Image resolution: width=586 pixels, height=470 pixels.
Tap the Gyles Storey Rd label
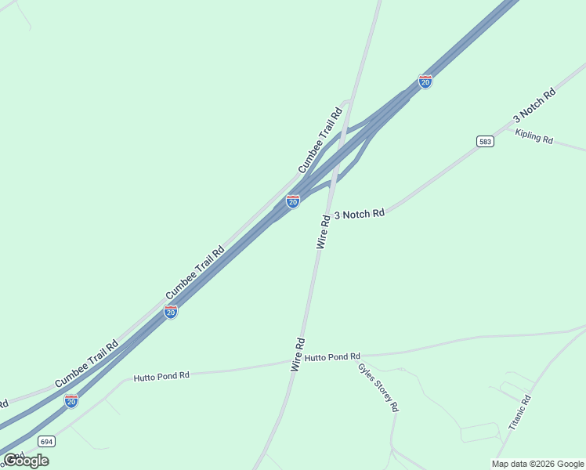tap(378, 387)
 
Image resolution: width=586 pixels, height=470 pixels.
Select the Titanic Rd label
tap(520, 412)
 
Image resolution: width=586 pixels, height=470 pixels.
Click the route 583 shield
tap(485, 141)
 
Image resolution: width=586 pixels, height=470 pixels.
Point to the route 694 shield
tap(45, 441)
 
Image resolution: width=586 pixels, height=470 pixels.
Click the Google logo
tap(26, 461)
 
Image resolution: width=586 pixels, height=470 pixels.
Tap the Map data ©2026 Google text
tap(537, 464)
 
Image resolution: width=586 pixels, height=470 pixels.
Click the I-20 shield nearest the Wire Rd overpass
tap(293, 201)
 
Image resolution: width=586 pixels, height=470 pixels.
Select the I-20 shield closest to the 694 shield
tap(71, 400)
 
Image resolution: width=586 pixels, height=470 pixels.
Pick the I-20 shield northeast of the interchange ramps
tap(425, 81)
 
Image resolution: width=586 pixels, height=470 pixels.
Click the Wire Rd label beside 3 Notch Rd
tap(324, 230)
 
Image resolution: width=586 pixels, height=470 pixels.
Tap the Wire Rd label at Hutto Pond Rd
tap(298, 354)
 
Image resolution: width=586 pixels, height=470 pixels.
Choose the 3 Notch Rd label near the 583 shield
tap(534, 105)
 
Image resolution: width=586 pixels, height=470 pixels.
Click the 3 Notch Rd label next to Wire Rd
tap(360, 214)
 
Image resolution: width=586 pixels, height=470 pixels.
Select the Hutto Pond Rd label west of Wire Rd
tap(161, 376)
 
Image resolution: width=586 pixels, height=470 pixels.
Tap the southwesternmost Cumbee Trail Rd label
tap(86, 363)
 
